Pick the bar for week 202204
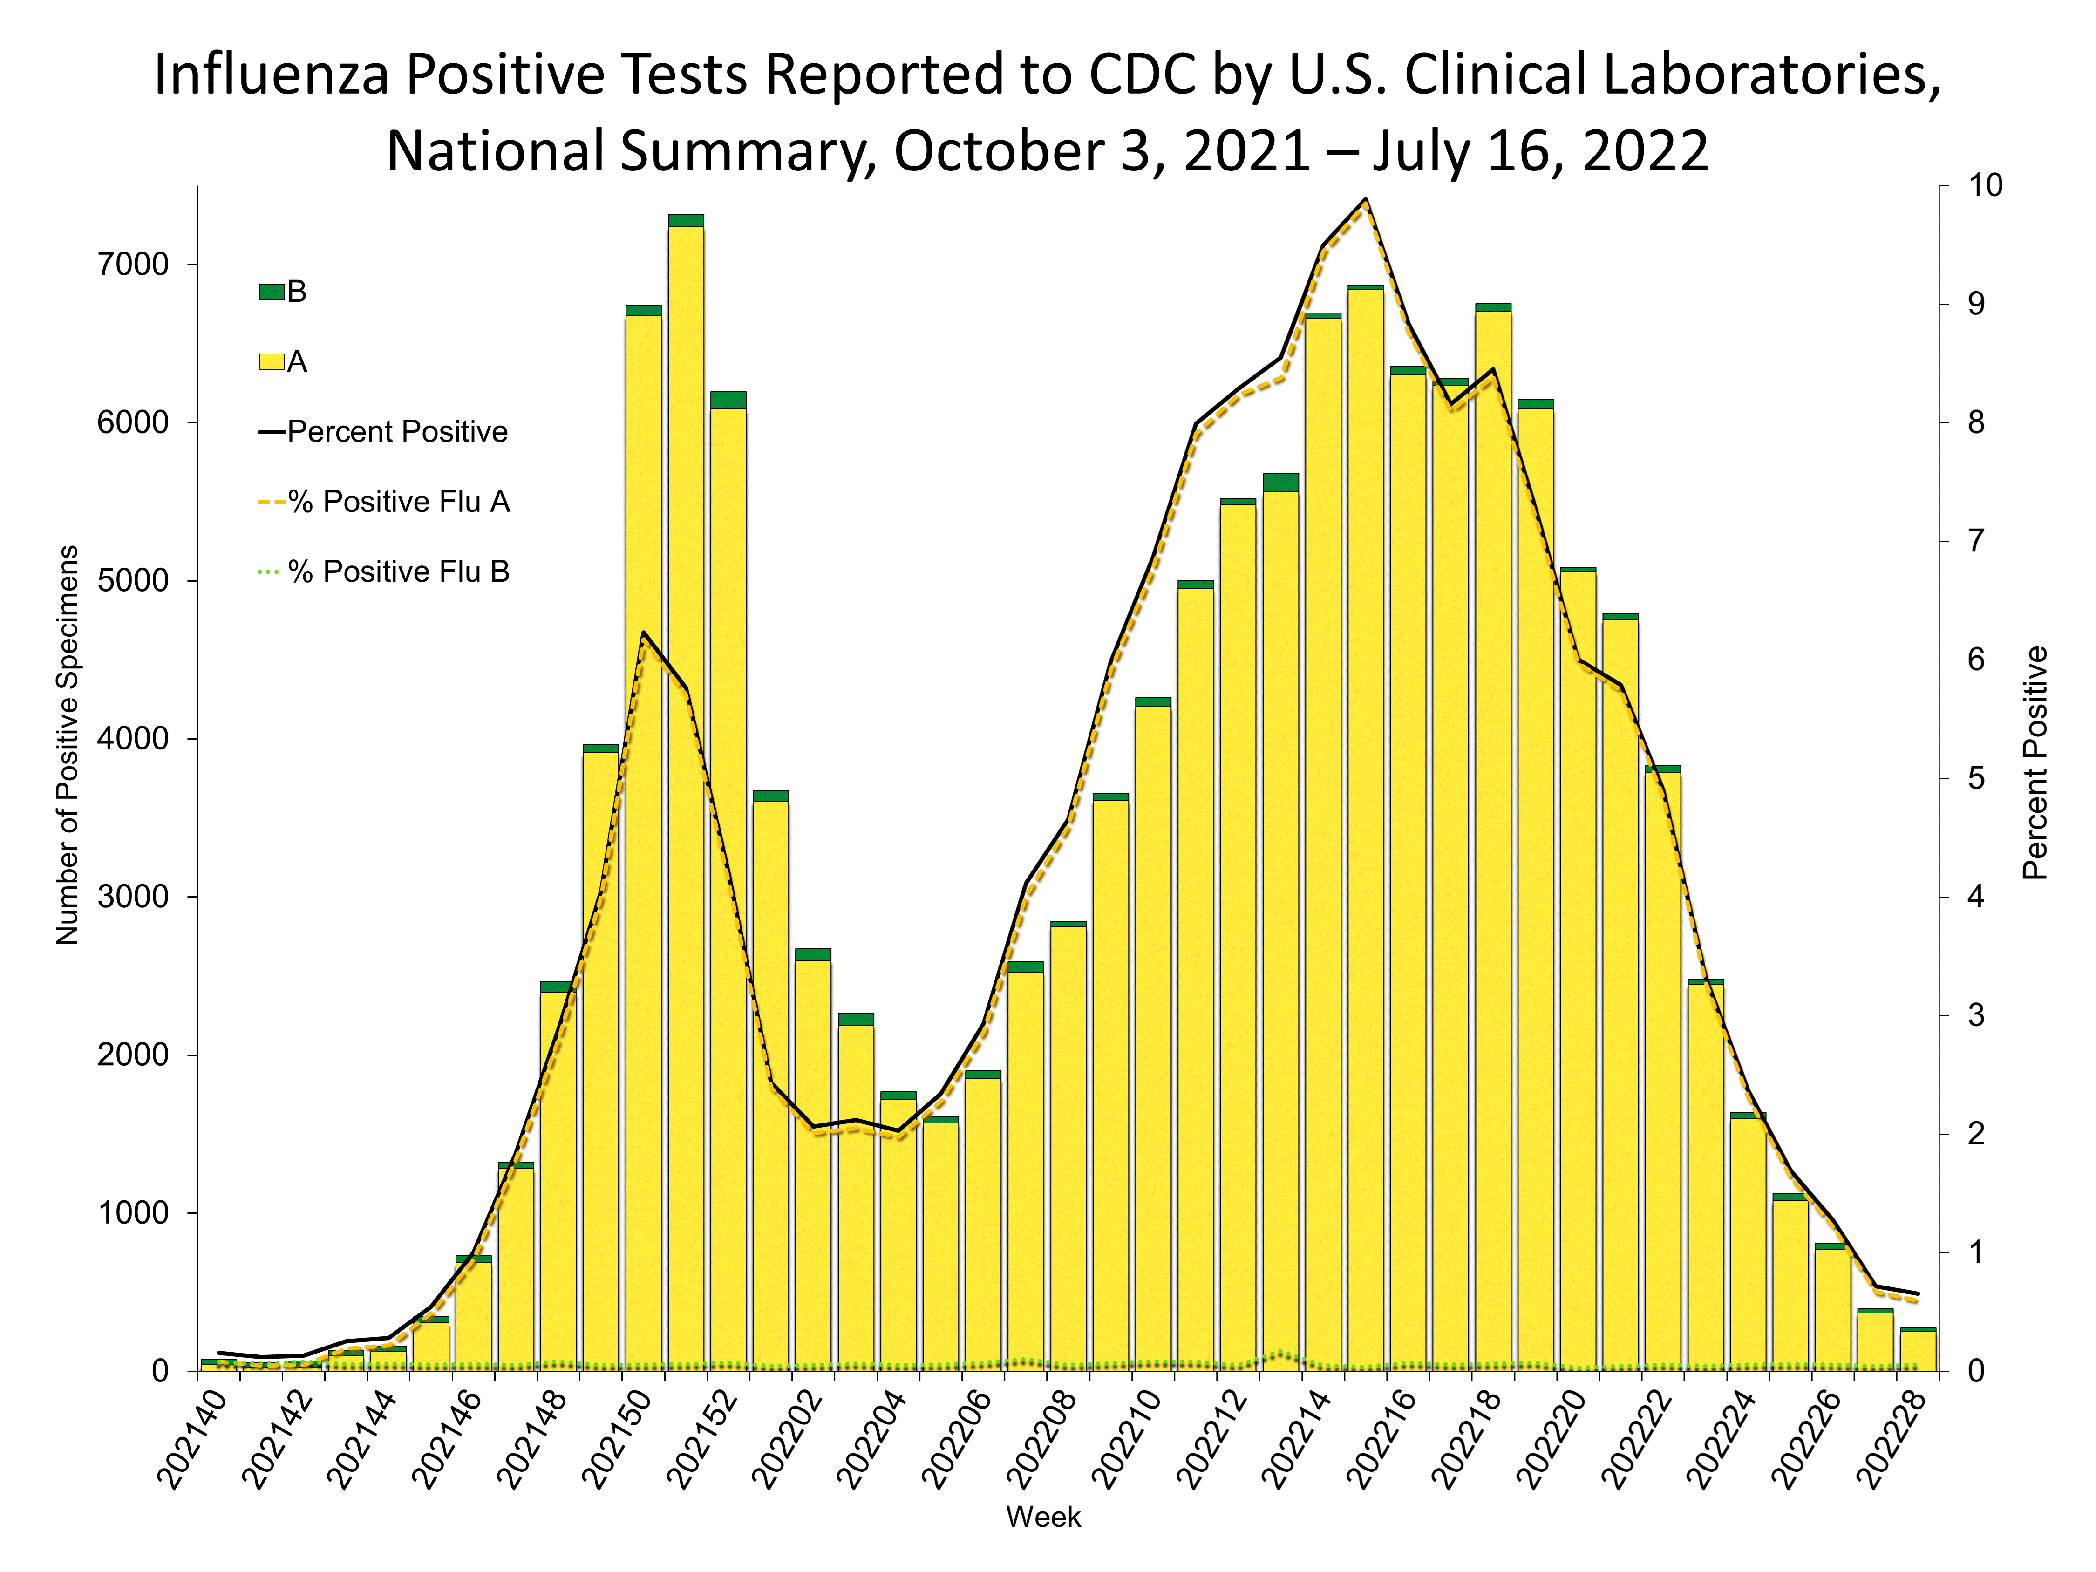tap(898, 1232)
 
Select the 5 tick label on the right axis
tap(1976, 779)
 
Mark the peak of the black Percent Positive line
tap(1366, 200)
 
